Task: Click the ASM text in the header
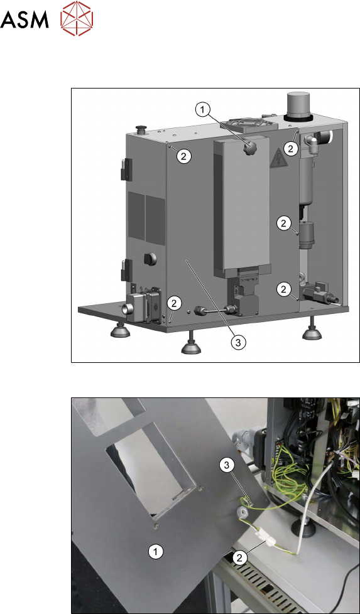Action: pos(25,19)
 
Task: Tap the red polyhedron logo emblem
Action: pos(77,18)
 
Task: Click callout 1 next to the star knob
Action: pos(202,110)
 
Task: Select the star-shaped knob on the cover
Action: pos(249,148)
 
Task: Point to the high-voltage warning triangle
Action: pos(278,158)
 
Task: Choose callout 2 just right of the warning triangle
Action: pos(290,148)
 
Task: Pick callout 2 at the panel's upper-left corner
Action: pos(183,156)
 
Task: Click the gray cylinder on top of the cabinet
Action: pos(299,105)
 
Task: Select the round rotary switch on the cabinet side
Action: pos(150,259)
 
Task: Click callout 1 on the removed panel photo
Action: pos(156,552)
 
